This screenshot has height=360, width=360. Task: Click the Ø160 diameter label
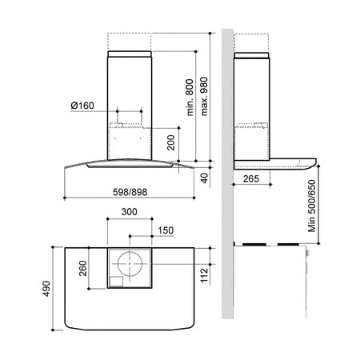(82, 106)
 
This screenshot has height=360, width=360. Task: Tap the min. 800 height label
(190, 98)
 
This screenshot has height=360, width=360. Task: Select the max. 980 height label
(204, 96)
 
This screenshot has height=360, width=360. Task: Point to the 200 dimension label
(171, 142)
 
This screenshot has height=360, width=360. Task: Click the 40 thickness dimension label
(204, 178)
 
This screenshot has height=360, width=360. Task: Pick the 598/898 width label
(130, 192)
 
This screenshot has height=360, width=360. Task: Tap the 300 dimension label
(130, 212)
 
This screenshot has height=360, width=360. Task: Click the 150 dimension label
(166, 230)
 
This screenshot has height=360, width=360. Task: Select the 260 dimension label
(83, 268)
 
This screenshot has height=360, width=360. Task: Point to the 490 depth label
(46, 289)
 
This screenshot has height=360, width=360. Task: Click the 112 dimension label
(204, 275)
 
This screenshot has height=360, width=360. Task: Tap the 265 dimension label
(251, 178)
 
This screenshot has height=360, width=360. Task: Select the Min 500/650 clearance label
(312, 206)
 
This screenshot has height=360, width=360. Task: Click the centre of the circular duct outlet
(130, 264)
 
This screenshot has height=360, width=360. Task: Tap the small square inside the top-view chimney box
(116, 282)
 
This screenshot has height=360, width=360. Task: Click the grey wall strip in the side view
(227, 174)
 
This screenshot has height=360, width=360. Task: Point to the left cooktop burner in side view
(254, 244)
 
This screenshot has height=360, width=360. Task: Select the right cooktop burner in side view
(288, 244)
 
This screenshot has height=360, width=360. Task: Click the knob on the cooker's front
(308, 253)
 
